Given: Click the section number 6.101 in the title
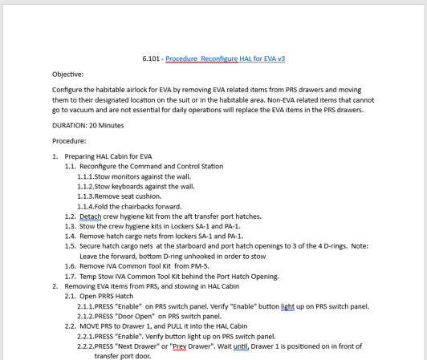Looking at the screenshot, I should coord(152,59).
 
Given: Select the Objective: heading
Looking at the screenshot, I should coord(68,74).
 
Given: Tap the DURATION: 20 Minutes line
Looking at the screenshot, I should coord(88,125).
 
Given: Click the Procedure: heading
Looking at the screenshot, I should coord(69,140).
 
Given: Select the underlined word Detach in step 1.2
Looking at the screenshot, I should coord(91,216).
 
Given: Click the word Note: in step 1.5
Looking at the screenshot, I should coord(360,247).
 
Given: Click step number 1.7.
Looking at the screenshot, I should coord(71,276).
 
